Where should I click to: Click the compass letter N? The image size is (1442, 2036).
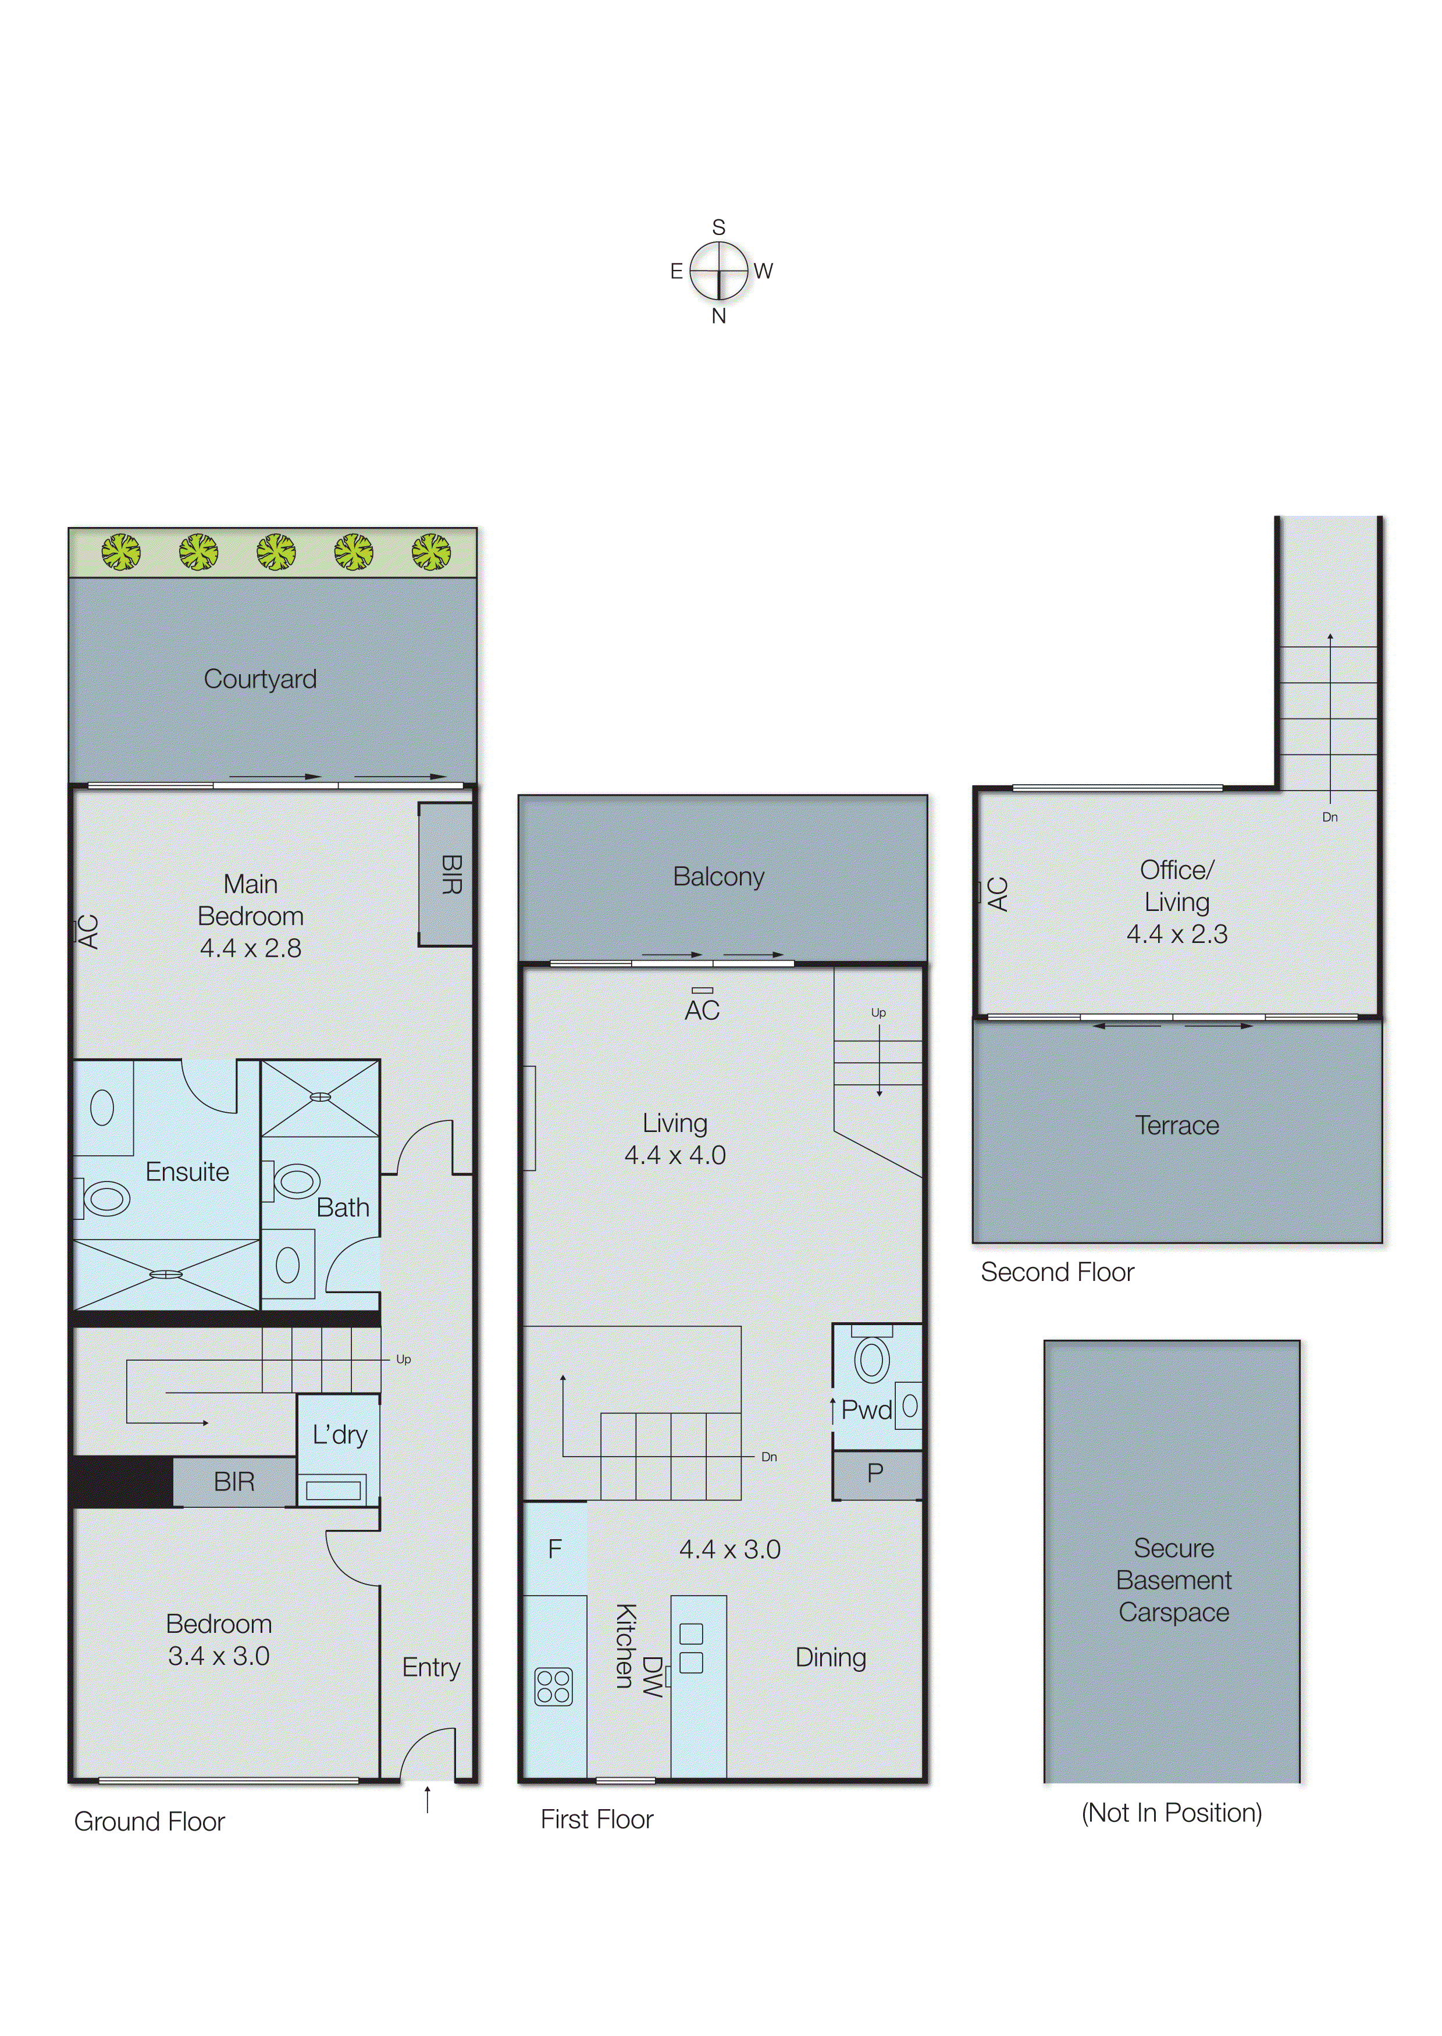point(718,316)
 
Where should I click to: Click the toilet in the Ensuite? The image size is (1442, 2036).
point(106,1199)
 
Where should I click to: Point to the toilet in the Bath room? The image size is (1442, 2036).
point(295,1181)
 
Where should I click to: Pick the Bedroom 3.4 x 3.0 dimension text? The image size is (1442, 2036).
point(219,1656)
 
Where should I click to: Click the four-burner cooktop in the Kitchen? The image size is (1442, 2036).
point(553,1687)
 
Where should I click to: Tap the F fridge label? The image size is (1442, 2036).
point(555,1550)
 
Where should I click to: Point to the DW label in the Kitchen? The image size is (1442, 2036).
point(653,1677)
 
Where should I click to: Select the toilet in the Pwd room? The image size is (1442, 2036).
point(872,1360)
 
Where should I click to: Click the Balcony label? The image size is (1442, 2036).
point(718,877)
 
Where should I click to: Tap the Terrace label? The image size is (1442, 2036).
point(1177,1125)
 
